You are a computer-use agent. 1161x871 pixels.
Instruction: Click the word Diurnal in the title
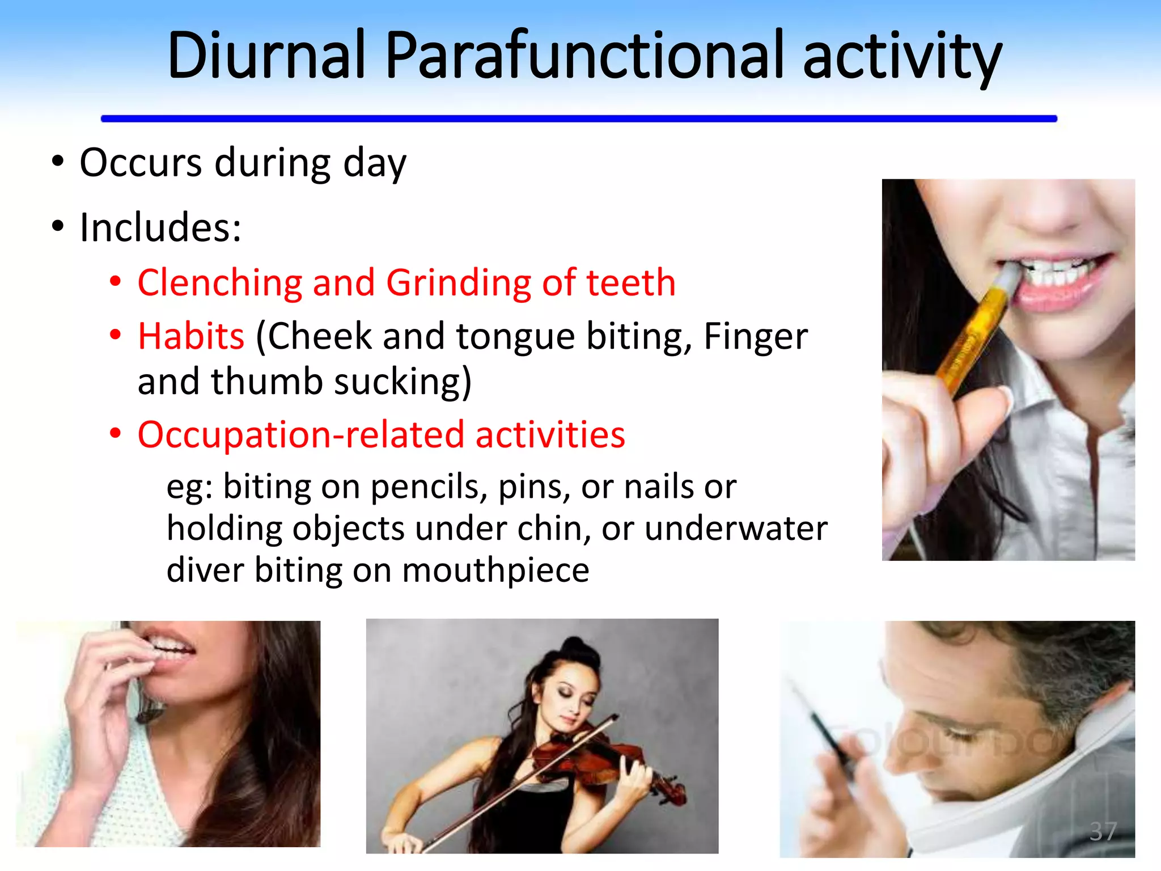(266, 56)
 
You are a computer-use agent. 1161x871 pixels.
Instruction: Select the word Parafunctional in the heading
(584, 56)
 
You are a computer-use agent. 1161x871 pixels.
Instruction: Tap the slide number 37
(1103, 832)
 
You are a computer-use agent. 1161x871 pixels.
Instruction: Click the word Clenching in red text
(219, 282)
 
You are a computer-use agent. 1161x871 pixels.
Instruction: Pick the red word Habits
(191, 336)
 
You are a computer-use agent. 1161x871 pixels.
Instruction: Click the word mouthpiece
(495, 570)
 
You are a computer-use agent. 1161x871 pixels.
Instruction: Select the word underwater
(736, 528)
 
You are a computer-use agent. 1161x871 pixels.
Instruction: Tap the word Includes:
(160, 227)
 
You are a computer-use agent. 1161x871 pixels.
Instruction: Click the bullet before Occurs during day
(58, 162)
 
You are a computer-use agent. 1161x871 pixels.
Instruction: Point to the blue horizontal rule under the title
(578, 119)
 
